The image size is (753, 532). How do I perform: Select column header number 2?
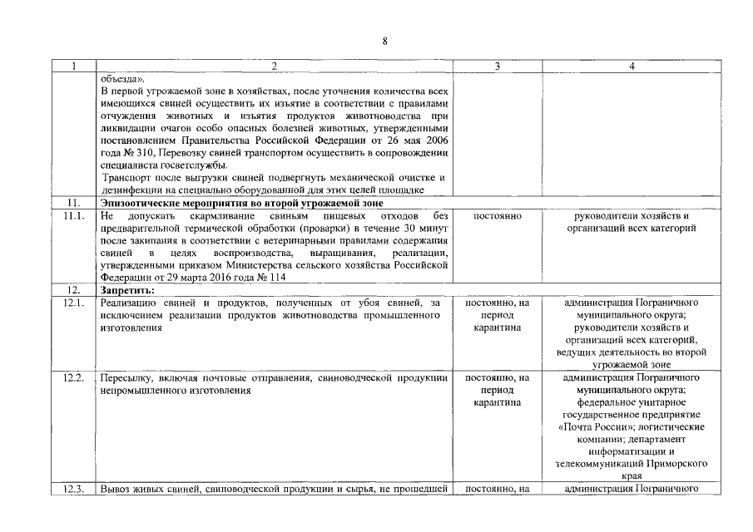[x=275, y=66]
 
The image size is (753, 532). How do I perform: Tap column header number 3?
[x=497, y=66]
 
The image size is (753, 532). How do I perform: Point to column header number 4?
[x=630, y=66]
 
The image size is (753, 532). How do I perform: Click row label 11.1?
[x=74, y=216]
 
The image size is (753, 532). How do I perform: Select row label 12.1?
[x=74, y=303]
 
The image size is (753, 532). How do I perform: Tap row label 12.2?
[x=74, y=378]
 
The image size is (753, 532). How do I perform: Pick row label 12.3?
[x=74, y=489]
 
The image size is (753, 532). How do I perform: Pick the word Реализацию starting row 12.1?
[x=128, y=303]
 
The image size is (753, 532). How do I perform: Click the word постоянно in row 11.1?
[x=497, y=216]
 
